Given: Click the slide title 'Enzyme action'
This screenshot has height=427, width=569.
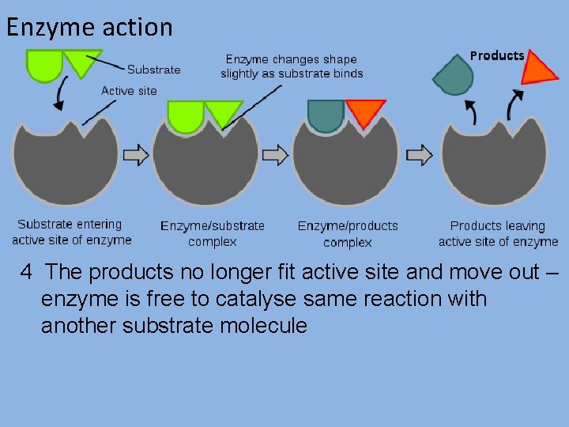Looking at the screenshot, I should [89, 27].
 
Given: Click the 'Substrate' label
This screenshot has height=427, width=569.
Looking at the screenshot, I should [153, 70].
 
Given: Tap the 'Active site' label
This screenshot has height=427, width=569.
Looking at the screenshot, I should [129, 90].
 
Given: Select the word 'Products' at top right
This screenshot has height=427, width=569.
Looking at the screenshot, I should [497, 55].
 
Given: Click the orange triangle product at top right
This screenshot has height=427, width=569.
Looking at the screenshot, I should [538, 68].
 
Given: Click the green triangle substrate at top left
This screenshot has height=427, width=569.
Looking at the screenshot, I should [81, 61].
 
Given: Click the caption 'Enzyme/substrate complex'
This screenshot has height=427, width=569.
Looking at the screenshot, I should [213, 234].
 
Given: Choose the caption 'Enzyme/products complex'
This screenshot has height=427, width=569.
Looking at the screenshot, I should [348, 234].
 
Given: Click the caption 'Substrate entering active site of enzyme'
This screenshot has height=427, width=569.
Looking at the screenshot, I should [71, 232].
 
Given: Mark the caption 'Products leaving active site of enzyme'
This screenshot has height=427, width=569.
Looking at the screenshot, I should [498, 234].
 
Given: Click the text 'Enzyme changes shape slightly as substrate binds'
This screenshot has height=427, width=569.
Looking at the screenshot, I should [292, 66].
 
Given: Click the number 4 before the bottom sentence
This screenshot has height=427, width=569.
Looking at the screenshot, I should [27, 273].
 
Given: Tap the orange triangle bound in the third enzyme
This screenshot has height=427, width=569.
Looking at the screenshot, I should [365, 112].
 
